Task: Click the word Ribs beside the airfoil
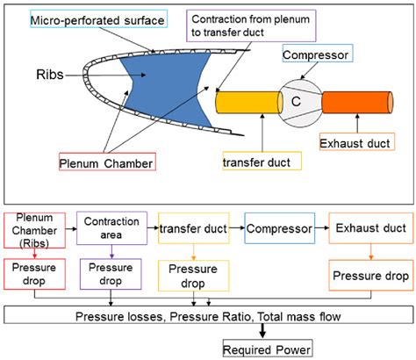tap(51, 76)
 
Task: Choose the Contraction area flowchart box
tap(110, 231)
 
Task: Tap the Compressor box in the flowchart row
tap(278, 229)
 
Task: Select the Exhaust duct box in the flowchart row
tap(369, 229)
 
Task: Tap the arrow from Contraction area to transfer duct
tap(151, 231)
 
